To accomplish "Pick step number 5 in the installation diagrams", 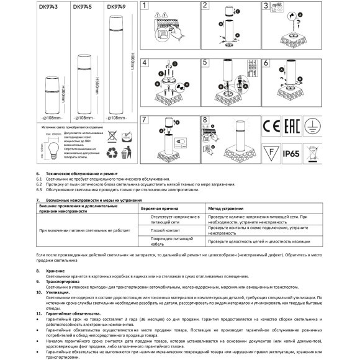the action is coord(205,63).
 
